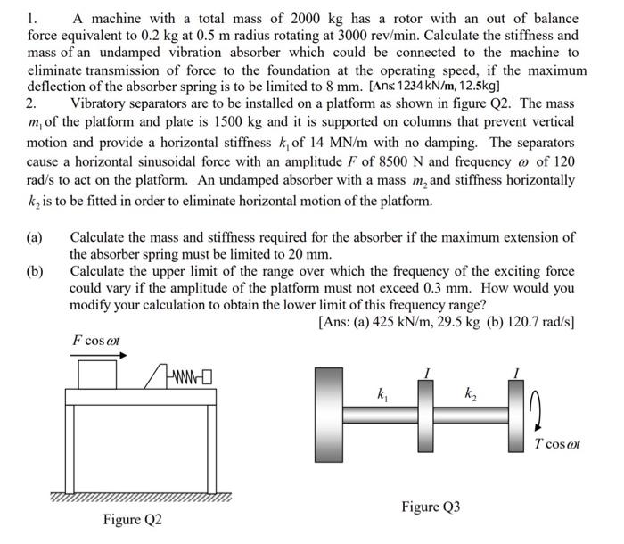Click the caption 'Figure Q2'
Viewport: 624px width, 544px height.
tap(133, 519)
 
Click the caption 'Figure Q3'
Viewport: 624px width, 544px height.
tap(431, 507)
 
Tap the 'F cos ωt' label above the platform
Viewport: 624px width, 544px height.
tap(96, 340)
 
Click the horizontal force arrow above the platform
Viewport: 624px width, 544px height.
tap(97, 354)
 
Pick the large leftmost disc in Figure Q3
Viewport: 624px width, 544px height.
tap(330, 415)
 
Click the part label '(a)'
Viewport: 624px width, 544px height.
tap(36, 237)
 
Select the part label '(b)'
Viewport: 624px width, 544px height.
tap(36, 271)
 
